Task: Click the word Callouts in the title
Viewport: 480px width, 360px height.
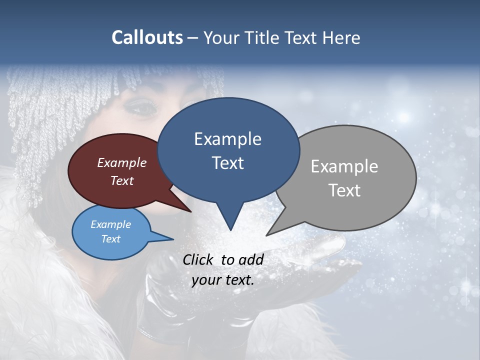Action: (147, 37)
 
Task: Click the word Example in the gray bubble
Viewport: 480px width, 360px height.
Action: (344, 166)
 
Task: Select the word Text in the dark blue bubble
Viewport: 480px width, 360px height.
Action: (228, 163)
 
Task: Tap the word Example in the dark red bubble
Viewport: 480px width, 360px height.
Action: (121, 162)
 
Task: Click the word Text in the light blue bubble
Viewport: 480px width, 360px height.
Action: (110, 239)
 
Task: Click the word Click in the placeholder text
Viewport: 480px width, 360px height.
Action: (198, 259)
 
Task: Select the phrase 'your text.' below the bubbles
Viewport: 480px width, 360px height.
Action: (223, 280)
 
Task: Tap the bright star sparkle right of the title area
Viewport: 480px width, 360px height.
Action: (403, 117)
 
